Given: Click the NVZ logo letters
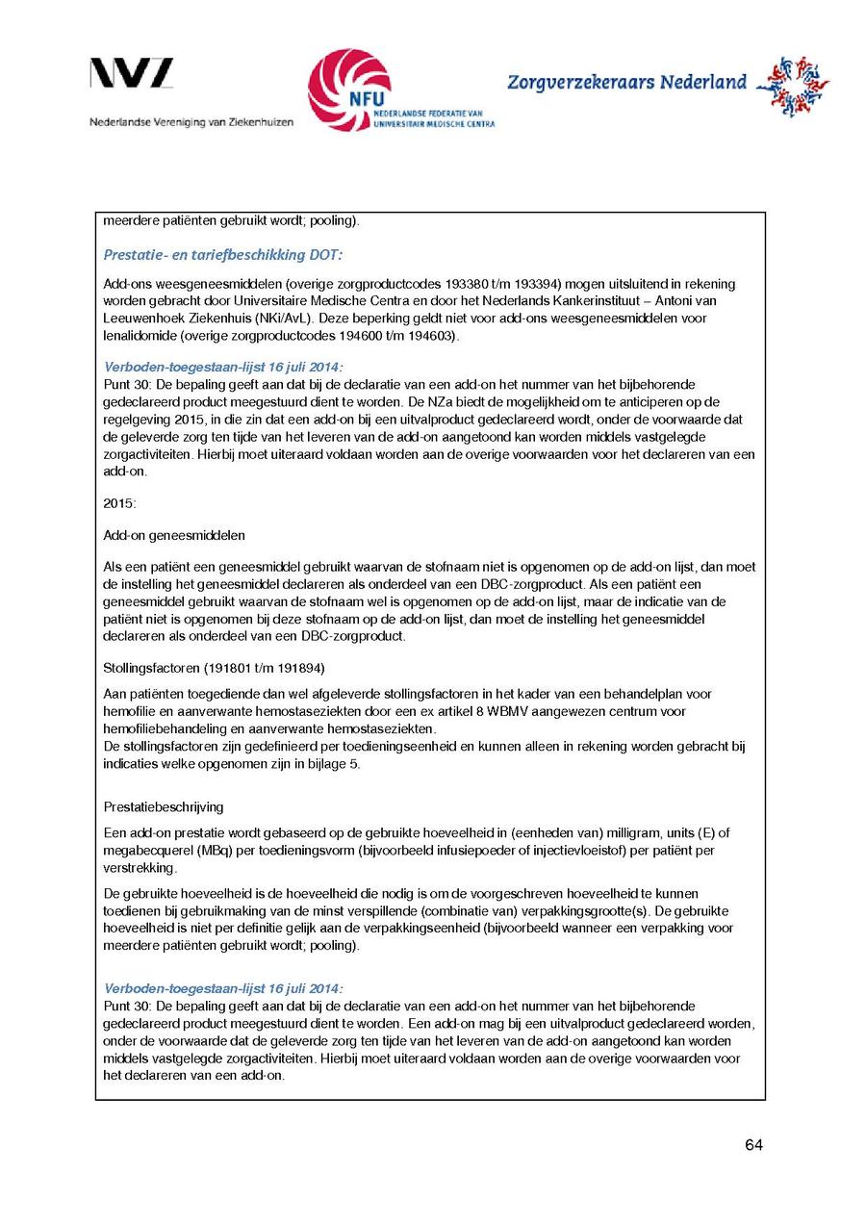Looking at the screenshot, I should click(x=132, y=74).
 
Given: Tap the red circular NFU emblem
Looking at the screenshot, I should click(x=349, y=89).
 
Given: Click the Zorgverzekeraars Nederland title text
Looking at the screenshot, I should click(x=626, y=83).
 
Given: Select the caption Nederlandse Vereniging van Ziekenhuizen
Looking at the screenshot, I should click(x=191, y=122).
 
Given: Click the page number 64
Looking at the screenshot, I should click(x=753, y=1145).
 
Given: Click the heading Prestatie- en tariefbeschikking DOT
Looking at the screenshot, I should click(x=222, y=255).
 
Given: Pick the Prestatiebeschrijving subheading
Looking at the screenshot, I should click(x=163, y=806).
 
